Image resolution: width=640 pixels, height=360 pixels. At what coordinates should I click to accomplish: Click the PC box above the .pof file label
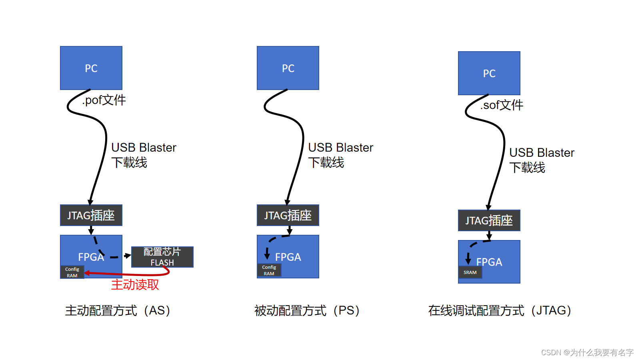pyautogui.click(x=91, y=68)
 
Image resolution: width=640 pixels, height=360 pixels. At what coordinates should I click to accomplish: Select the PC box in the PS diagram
pyautogui.click(x=288, y=68)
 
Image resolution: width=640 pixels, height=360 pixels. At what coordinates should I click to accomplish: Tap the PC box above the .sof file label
pyautogui.click(x=489, y=73)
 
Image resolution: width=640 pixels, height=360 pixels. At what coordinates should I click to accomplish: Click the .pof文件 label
pyautogui.click(x=104, y=100)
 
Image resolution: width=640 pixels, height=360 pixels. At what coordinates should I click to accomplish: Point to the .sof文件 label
pyautogui.click(x=502, y=105)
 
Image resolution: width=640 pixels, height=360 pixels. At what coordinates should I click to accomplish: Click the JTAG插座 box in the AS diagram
pyautogui.click(x=91, y=216)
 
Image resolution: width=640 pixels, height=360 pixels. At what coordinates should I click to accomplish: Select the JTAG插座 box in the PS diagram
pyautogui.click(x=288, y=216)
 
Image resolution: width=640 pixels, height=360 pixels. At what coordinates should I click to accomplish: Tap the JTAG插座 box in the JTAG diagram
pyautogui.click(x=489, y=220)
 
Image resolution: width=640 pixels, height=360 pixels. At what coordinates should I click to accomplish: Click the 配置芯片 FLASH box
pyautogui.click(x=162, y=257)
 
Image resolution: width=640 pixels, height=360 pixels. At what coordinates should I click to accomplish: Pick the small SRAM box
pyautogui.click(x=470, y=272)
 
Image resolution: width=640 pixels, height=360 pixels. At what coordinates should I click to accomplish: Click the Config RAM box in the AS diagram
pyautogui.click(x=72, y=272)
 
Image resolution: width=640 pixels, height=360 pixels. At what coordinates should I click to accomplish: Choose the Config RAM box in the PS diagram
pyautogui.click(x=269, y=270)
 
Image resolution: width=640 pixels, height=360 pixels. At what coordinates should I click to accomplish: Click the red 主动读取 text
pyautogui.click(x=135, y=285)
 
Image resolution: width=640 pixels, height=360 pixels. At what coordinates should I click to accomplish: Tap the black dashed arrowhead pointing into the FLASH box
pyautogui.click(x=128, y=256)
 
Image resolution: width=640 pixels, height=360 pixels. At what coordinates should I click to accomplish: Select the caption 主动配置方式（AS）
pyautogui.click(x=118, y=311)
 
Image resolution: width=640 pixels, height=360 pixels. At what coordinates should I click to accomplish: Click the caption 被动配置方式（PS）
pyautogui.click(x=307, y=311)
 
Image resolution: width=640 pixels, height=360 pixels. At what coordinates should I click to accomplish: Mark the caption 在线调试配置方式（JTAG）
pyautogui.click(x=500, y=311)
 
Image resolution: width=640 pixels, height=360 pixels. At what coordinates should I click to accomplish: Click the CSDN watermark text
pyautogui.click(x=587, y=352)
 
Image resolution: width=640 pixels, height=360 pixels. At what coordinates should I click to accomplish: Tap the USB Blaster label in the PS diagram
pyautogui.click(x=340, y=148)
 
